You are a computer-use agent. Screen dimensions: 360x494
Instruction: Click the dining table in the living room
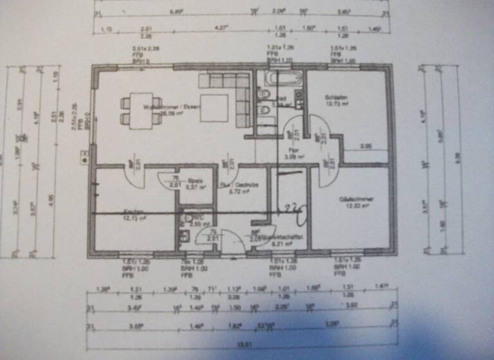click(142, 110)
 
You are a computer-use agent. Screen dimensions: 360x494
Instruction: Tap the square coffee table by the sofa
click(214, 108)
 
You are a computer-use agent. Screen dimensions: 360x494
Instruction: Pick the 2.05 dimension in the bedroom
click(365, 146)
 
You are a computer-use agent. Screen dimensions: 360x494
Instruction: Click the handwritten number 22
click(293, 208)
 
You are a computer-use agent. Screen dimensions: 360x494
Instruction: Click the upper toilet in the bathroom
click(264, 94)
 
